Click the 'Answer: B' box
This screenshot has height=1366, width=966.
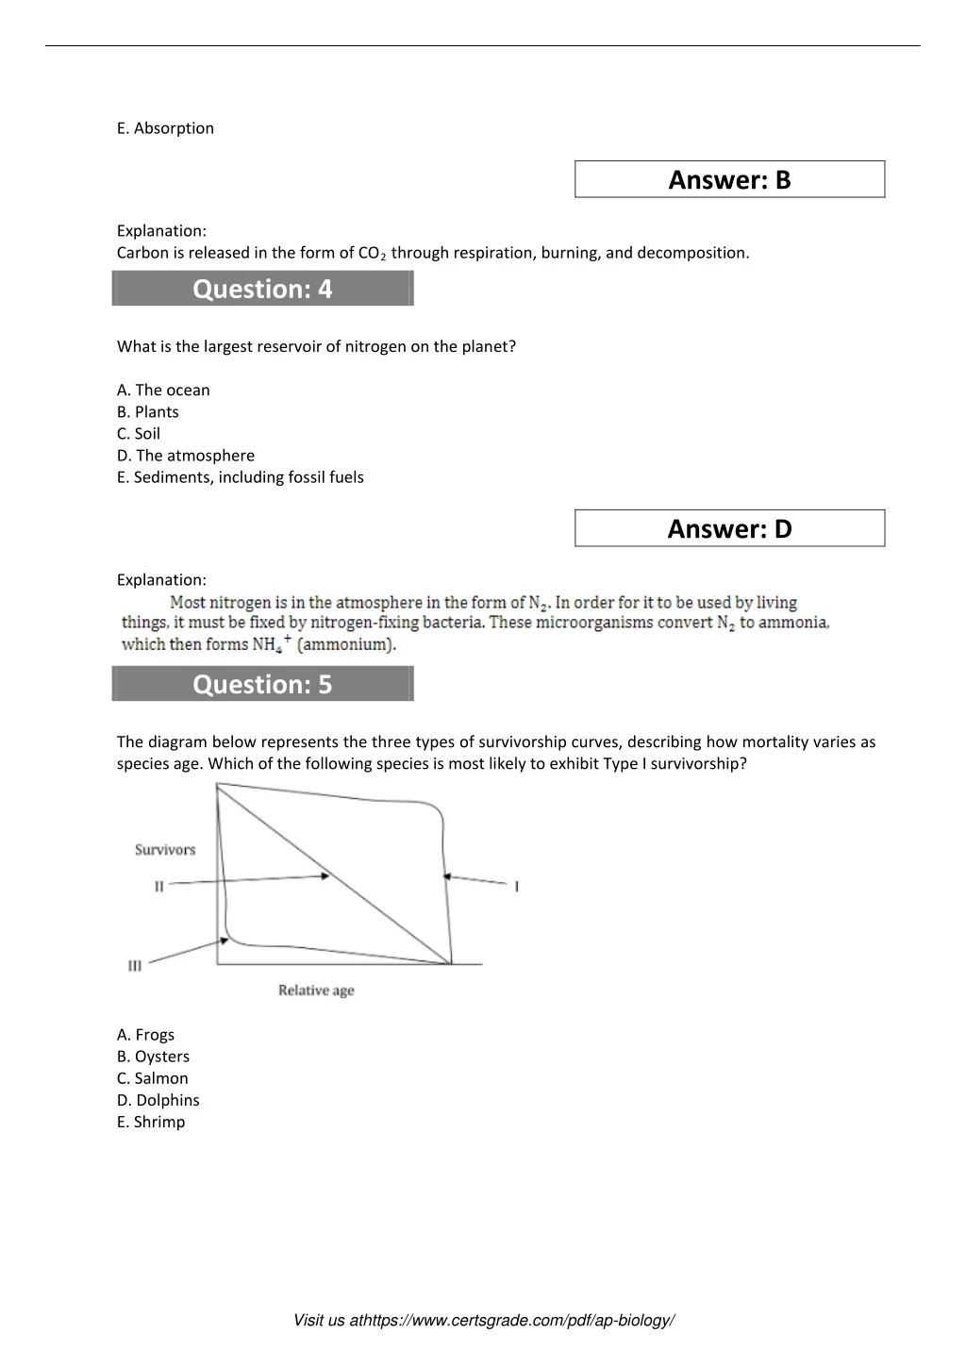(x=729, y=179)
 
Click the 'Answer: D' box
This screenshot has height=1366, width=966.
(x=729, y=528)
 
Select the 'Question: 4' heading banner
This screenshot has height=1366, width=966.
(x=262, y=289)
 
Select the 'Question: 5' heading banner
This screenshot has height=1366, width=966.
(x=262, y=684)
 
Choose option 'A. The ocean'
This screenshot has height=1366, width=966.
(x=163, y=390)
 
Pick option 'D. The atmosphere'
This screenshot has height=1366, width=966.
(x=186, y=455)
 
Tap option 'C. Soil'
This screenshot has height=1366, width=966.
(x=139, y=433)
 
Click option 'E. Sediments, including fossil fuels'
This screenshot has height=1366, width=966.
(x=240, y=476)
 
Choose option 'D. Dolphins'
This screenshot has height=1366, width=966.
(x=158, y=1100)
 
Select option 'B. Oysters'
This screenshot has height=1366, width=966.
(x=153, y=1057)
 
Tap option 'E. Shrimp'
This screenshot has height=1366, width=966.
(x=151, y=1122)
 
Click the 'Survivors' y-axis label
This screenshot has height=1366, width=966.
(x=165, y=850)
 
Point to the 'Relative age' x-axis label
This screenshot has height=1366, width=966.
(x=316, y=991)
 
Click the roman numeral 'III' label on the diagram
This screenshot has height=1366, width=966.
(x=135, y=966)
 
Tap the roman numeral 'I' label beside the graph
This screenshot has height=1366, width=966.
(x=517, y=886)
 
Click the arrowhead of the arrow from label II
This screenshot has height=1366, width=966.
(x=325, y=876)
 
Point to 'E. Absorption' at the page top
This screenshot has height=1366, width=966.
(x=165, y=128)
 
